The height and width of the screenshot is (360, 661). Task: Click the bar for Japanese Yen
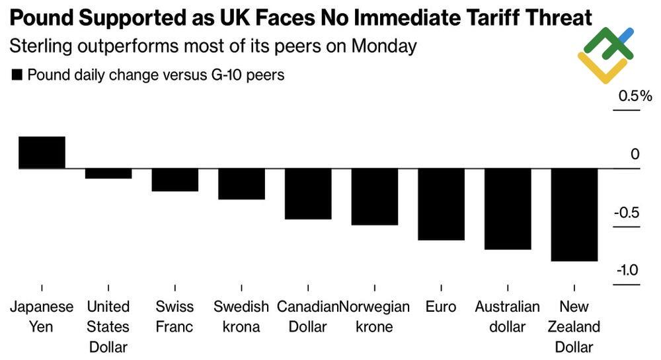pyautogui.click(x=42, y=153)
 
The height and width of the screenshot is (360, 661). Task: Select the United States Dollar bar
pyautogui.click(x=108, y=174)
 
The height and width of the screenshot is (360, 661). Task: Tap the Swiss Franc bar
pyautogui.click(x=175, y=180)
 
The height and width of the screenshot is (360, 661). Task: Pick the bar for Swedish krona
pyautogui.click(x=241, y=184)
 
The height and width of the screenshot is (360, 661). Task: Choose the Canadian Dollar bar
pyautogui.click(x=308, y=194)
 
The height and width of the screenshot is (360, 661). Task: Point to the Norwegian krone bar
pyautogui.click(x=374, y=198)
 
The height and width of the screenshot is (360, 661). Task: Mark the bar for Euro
pyautogui.click(x=441, y=205)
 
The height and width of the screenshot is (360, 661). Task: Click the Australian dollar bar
pyautogui.click(x=508, y=209)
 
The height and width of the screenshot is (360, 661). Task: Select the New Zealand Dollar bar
pyautogui.click(x=574, y=215)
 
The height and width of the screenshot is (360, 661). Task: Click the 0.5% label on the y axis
pyautogui.click(x=635, y=96)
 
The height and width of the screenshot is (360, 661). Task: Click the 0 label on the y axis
pyautogui.click(x=635, y=155)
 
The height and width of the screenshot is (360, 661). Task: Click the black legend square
pyautogui.click(x=17, y=75)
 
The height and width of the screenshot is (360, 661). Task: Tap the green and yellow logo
pyautogui.click(x=605, y=55)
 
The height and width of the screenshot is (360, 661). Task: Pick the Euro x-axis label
pyautogui.click(x=441, y=307)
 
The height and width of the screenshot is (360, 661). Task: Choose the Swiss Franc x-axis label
pyautogui.click(x=175, y=316)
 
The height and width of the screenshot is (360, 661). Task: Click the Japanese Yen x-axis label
pyautogui.click(x=41, y=316)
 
